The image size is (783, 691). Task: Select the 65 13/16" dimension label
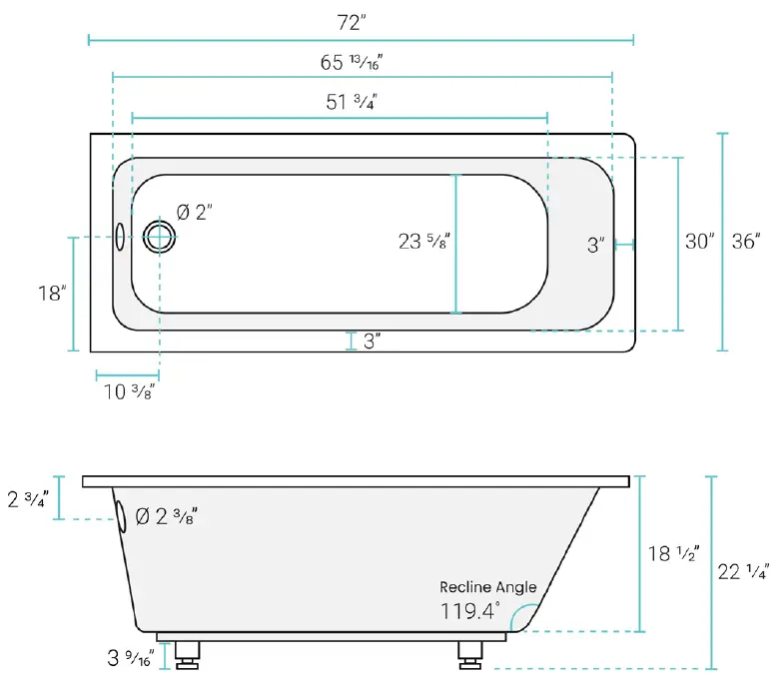click(x=352, y=62)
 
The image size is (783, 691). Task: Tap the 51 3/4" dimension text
click(x=351, y=102)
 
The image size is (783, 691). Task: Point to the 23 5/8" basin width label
click(x=423, y=241)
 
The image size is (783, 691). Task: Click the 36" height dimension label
click(x=746, y=241)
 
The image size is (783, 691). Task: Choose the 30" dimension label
click(x=700, y=241)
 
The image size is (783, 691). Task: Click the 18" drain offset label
click(x=51, y=294)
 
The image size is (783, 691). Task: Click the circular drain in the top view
click(x=159, y=237)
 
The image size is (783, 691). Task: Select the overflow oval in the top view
click(x=121, y=237)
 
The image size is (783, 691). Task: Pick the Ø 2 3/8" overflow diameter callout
click(x=166, y=516)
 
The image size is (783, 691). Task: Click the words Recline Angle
click(x=487, y=587)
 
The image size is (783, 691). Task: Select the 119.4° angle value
click(x=469, y=611)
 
